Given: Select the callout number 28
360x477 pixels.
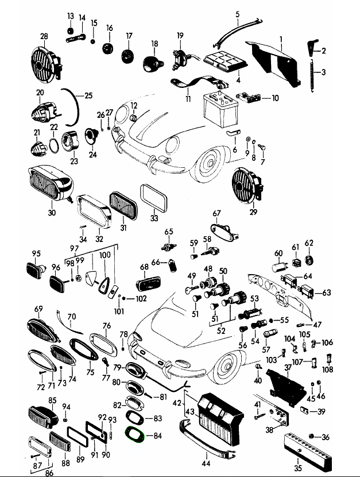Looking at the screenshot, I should click(x=44, y=37).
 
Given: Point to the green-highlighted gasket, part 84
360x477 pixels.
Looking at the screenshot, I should click(x=136, y=435).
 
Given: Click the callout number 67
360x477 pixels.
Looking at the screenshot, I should click(x=216, y=213).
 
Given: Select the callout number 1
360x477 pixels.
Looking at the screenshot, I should click(x=281, y=39).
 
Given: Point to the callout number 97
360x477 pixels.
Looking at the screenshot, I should click(x=73, y=248).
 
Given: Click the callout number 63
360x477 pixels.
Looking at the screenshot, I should click(x=327, y=293).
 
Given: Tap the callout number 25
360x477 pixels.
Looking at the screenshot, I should click(x=88, y=95).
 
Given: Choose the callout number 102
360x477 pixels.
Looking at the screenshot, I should click(x=141, y=299).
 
